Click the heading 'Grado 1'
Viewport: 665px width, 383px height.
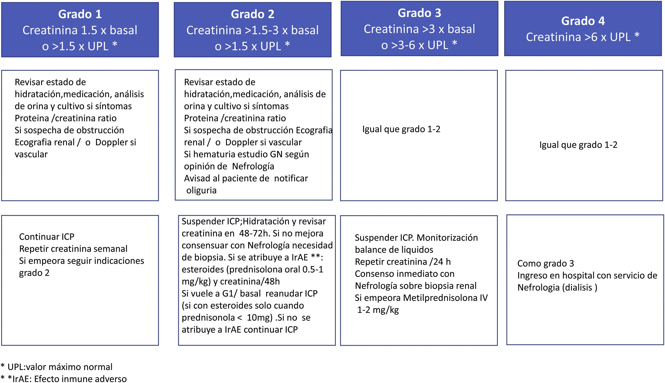pos(80,14)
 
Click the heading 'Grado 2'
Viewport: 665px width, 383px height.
pos(252,14)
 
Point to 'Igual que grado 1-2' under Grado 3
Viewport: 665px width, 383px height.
pos(401,129)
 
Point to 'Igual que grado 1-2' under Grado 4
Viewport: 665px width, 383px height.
pos(578,145)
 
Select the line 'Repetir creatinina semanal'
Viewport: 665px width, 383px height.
pos(73,249)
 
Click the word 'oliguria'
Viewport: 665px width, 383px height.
pos(201,190)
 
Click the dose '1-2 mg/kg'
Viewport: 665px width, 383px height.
pos(378,310)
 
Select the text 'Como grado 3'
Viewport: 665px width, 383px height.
pos(545,263)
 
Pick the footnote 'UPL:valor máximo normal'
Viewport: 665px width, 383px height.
pos(60,367)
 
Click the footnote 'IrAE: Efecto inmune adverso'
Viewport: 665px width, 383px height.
pos(70,379)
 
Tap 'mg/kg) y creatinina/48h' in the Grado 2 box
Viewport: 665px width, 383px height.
pos(230,281)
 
